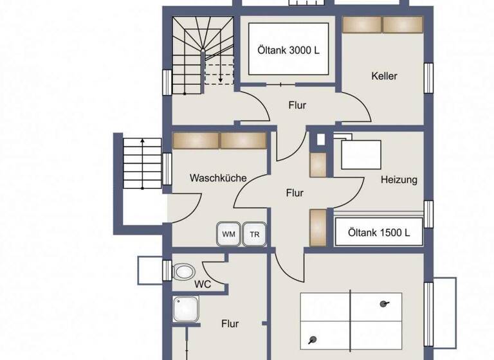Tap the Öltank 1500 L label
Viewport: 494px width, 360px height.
coord(379,232)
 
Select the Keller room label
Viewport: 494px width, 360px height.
coord(384,76)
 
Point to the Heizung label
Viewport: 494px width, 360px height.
coord(398,180)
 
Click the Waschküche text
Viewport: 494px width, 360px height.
coord(217,178)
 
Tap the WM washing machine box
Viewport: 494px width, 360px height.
coord(228,234)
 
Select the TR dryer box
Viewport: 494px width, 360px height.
coord(255,234)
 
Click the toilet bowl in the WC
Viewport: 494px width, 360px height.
coord(185,271)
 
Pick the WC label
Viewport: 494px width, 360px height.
coord(202,283)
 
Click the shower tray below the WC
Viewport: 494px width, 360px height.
coord(186,310)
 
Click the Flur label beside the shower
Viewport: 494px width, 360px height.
coord(230,323)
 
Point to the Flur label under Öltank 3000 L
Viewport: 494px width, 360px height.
coord(297,105)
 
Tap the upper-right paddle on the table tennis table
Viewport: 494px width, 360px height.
coord(385,304)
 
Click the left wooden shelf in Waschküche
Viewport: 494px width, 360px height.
coord(196,141)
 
